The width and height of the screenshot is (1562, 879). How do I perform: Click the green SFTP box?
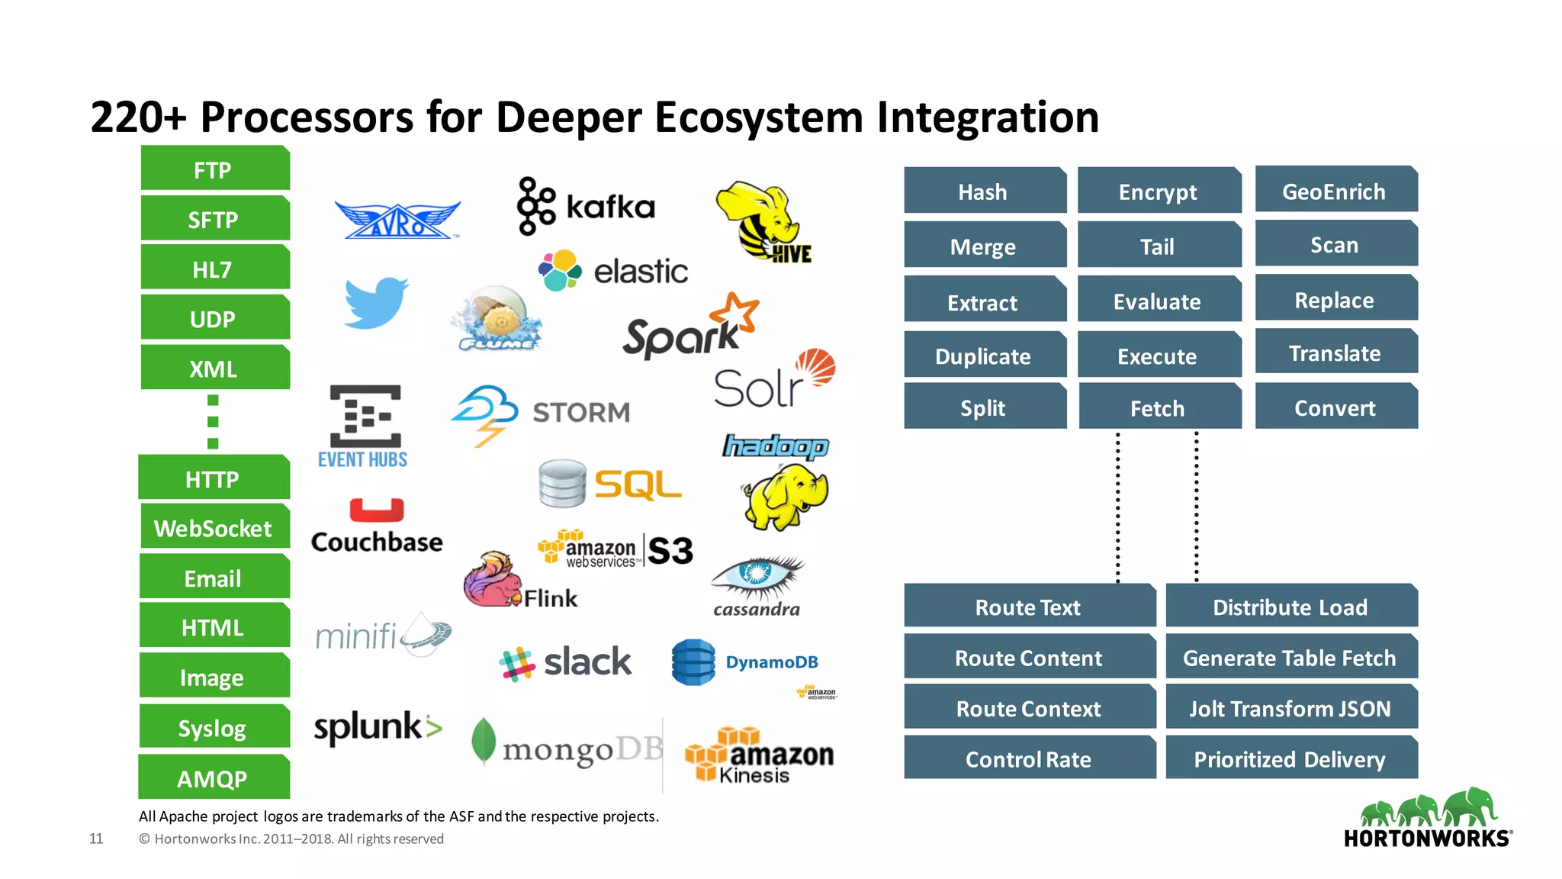click(x=214, y=220)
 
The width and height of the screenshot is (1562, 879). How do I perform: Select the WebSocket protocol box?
click(x=214, y=528)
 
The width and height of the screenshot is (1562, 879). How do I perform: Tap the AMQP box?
click(x=213, y=778)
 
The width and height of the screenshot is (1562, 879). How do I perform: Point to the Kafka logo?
click(x=586, y=206)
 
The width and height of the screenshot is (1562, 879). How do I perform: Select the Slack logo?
click(x=565, y=662)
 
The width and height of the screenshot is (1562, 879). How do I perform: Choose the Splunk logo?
click(x=378, y=727)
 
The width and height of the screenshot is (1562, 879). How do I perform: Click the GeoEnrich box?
click(x=1335, y=191)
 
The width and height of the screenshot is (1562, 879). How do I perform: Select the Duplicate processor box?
click(x=984, y=356)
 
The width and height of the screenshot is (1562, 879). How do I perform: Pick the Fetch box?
click(x=1158, y=407)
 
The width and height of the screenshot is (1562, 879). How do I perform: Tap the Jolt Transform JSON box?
click(x=1290, y=708)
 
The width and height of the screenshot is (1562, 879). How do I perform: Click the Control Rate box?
click(x=1029, y=758)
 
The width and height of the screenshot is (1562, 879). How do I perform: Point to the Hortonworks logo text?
click(x=1427, y=839)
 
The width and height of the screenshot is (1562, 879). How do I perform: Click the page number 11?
click(x=96, y=839)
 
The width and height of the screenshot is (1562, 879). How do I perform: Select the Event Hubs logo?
click(x=364, y=426)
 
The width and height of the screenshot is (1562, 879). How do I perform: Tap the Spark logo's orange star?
click(x=737, y=312)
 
